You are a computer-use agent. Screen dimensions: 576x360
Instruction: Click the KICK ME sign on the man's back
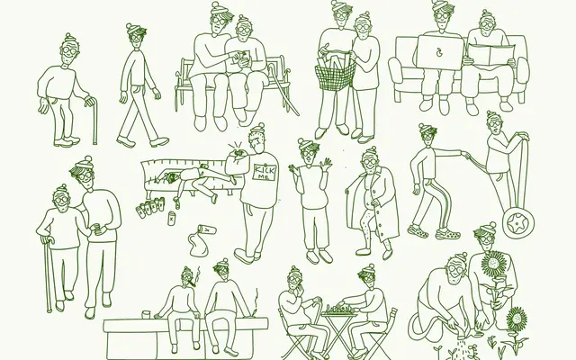(x=264, y=172)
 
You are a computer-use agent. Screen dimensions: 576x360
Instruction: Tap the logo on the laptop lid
(x=438, y=53)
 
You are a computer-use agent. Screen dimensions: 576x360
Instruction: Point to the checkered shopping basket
(x=336, y=75)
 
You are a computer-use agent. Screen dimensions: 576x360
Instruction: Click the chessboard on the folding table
(x=339, y=310)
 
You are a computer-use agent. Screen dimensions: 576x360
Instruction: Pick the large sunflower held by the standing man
(x=493, y=263)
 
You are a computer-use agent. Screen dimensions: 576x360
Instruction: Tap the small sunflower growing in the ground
(x=517, y=319)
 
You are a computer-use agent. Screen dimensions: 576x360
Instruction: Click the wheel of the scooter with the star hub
(x=518, y=223)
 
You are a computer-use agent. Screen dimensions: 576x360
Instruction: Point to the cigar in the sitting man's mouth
(x=192, y=283)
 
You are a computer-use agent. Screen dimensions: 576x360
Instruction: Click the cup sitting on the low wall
(x=147, y=314)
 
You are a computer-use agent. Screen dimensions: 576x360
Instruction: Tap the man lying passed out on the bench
(x=194, y=181)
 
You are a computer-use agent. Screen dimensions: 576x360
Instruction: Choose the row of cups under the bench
(x=150, y=207)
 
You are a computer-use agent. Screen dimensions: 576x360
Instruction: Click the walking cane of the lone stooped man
(x=95, y=121)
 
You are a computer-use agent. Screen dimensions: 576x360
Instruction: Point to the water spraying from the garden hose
(x=460, y=348)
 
